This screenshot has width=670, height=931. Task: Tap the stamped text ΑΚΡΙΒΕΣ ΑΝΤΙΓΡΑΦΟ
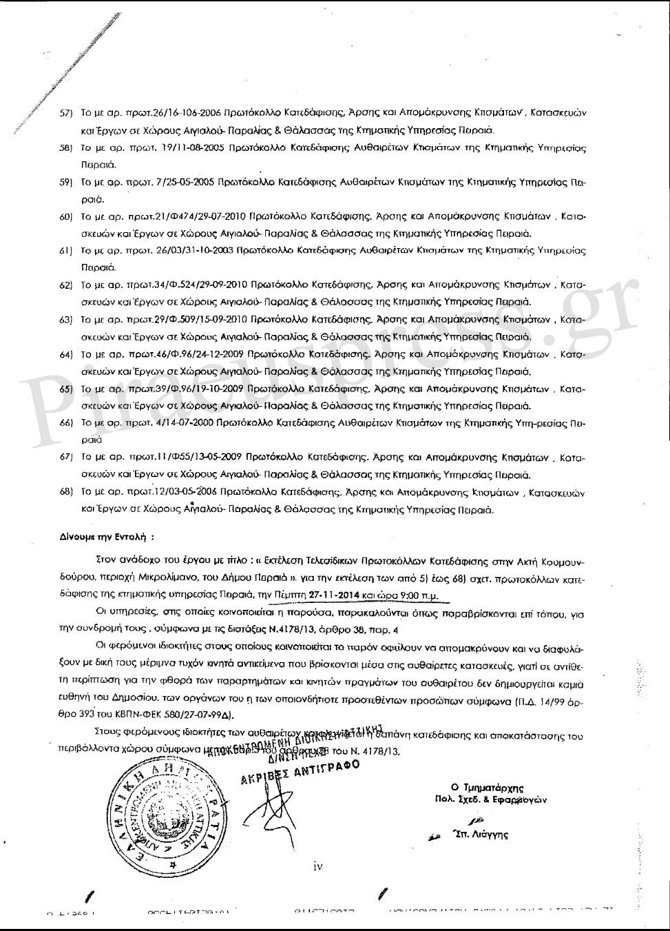300,775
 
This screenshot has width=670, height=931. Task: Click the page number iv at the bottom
317,866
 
